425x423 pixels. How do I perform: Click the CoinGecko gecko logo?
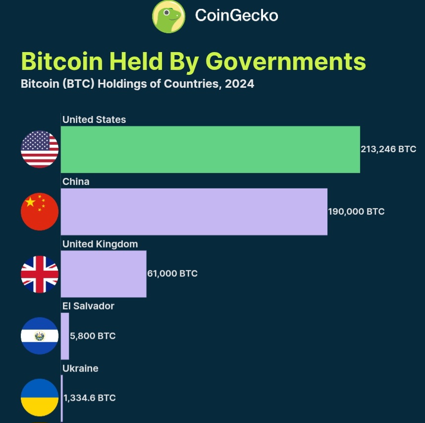[168, 16]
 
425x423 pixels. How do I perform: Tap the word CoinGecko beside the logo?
[236, 16]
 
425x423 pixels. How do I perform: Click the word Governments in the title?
[286, 61]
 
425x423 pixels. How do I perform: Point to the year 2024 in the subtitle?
[239, 84]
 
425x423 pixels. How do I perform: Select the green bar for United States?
[210, 149]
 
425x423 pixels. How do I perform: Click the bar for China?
[194, 211]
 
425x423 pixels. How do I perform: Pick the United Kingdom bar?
[104, 274]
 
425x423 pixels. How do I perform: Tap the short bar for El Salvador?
[65, 336]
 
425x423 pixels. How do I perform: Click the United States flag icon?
[40, 149]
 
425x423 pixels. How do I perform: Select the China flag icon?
[40, 211]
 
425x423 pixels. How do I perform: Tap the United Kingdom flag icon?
[40, 274]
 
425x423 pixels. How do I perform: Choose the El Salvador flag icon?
[40, 336]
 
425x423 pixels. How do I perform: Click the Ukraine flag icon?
[40, 398]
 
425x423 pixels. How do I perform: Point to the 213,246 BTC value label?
[388, 149]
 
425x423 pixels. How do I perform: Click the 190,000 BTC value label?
[356, 212]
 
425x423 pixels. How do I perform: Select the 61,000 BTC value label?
[172, 274]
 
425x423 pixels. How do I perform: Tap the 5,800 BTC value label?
[93, 336]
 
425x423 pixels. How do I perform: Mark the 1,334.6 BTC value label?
[90, 398]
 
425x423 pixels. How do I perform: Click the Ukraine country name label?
[80, 368]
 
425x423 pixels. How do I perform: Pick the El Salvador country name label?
[88, 306]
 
